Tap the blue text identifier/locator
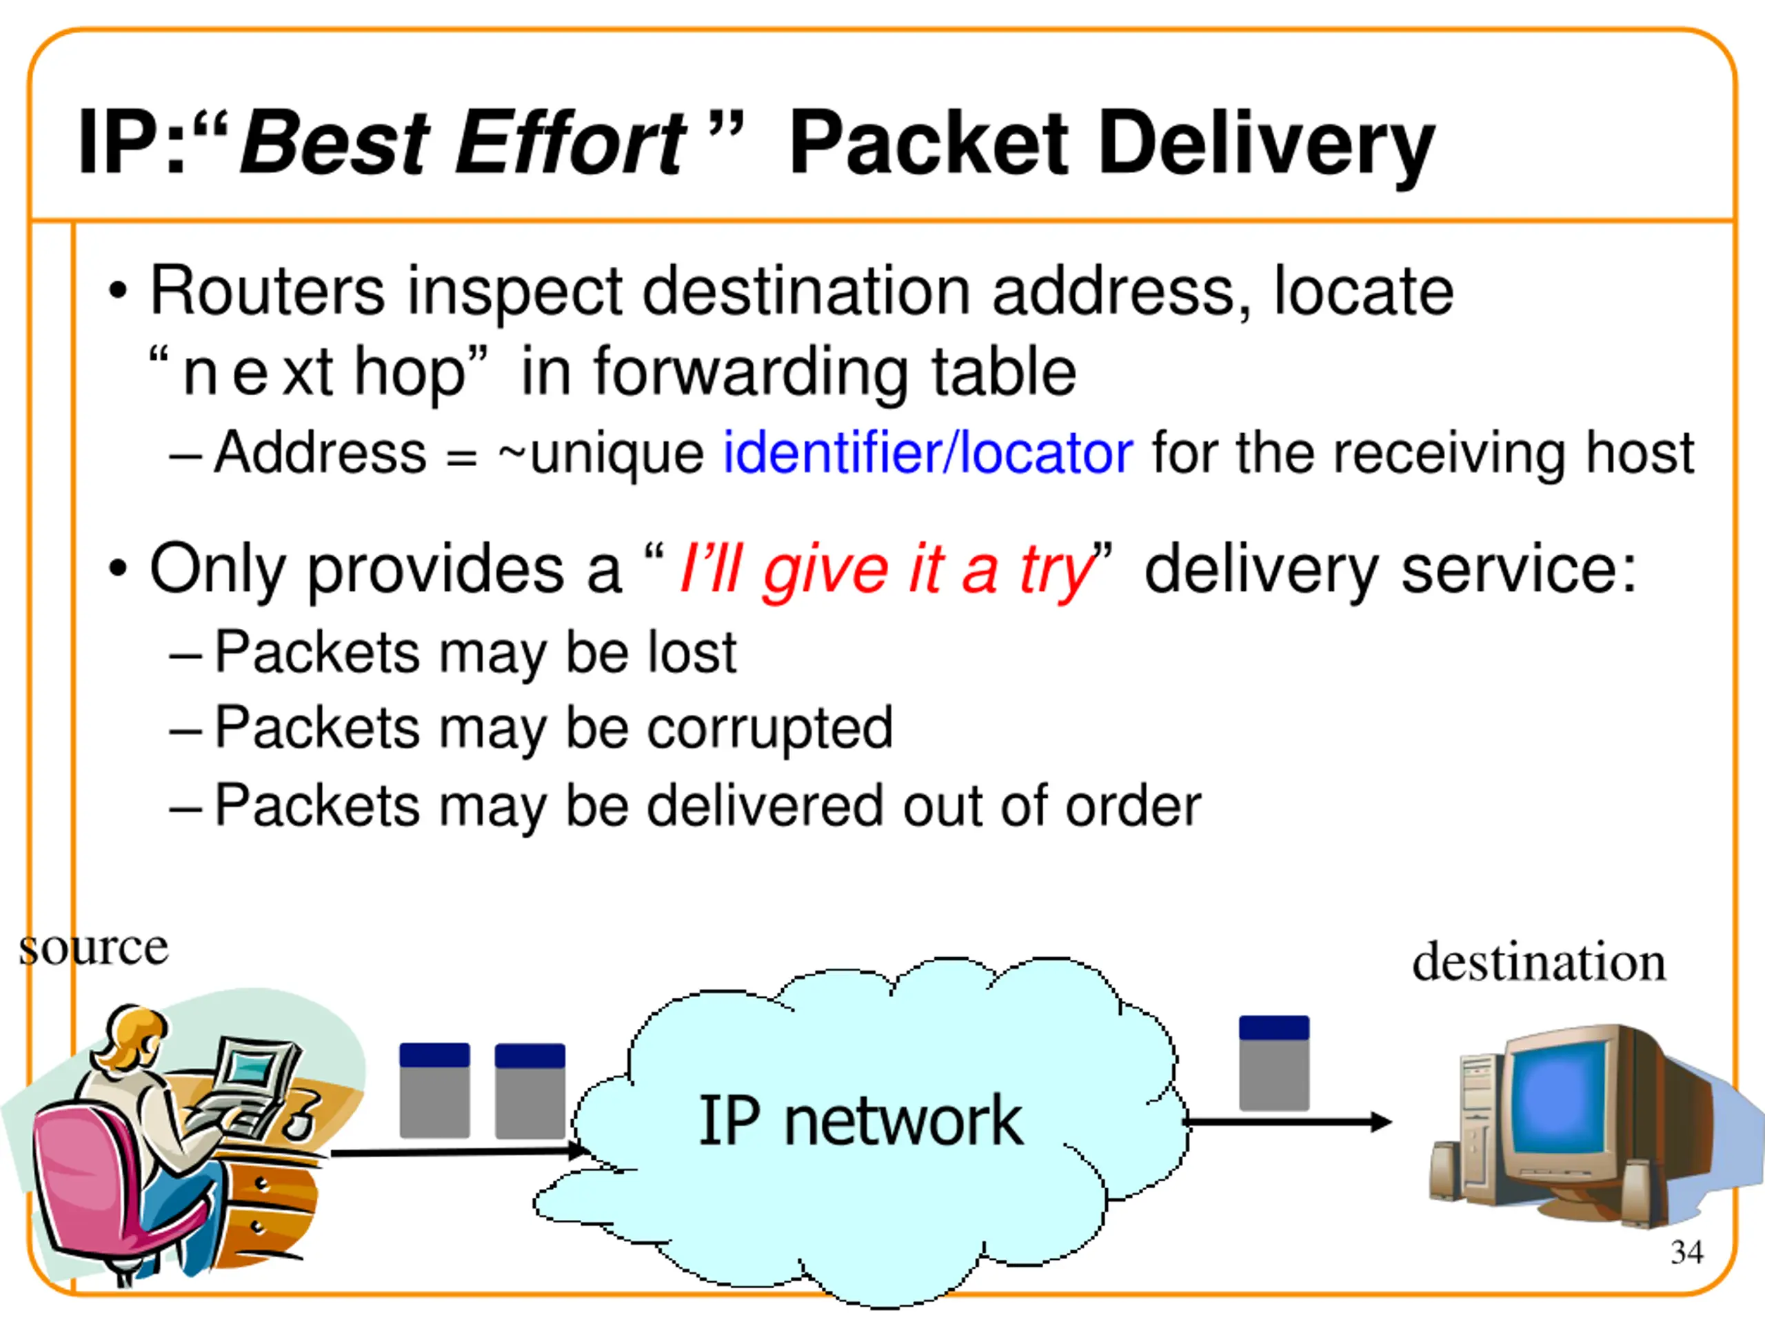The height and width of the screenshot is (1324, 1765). tap(927, 452)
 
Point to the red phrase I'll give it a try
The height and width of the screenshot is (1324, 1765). tap(886, 569)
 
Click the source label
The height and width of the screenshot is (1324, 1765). tap(93, 948)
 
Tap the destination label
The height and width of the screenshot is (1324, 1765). tap(1538, 962)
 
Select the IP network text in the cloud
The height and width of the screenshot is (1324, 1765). tap(860, 1121)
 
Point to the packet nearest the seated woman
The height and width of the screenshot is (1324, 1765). tap(434, 1090)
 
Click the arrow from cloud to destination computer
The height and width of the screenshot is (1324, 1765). tap(1287, 1122)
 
